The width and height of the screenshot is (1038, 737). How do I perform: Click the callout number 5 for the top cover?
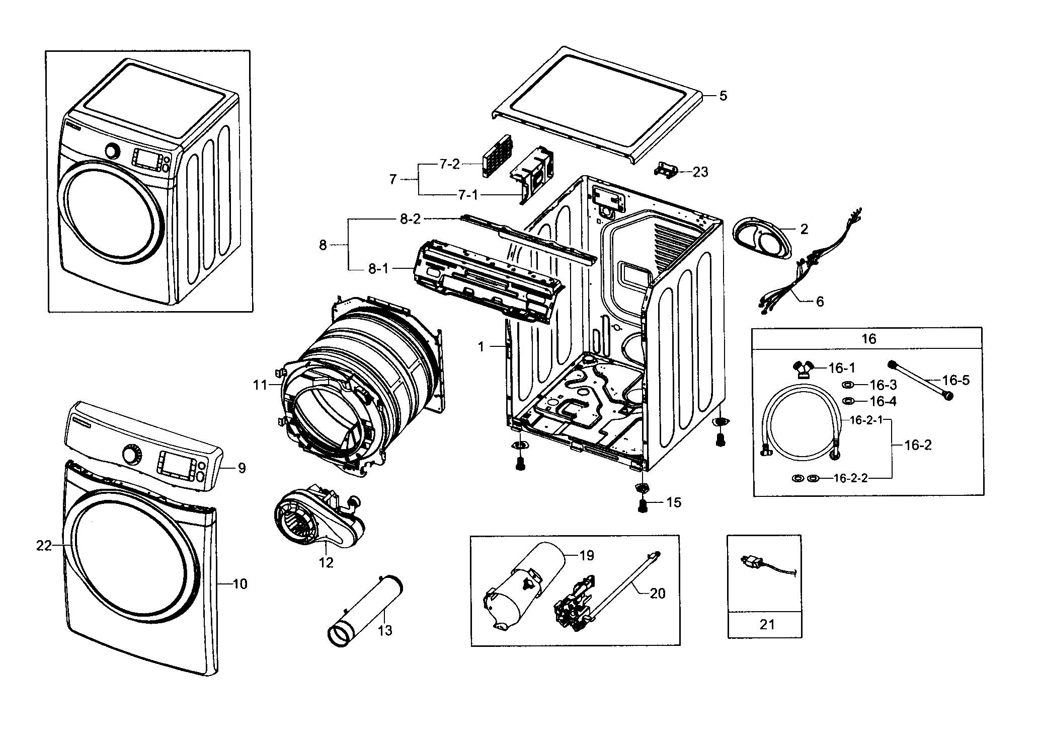coord(723,96)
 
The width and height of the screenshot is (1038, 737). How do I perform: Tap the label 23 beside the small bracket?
coord(700,172)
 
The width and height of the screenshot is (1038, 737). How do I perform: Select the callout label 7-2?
coord(449,164)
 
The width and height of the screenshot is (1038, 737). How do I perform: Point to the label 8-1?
coord(378,269)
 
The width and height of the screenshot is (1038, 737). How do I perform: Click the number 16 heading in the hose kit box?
coord(868,339)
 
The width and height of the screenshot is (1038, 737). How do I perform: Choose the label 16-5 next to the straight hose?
coord(955,380)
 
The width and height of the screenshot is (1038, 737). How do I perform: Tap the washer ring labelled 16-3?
coord(847,385)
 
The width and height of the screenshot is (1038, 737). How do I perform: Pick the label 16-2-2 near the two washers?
coord(850,478)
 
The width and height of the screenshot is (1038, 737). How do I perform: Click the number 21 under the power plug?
coord(767,625)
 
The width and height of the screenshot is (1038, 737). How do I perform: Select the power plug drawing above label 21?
coord(754,561)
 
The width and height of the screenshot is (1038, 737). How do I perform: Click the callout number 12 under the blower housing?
coord(326,562)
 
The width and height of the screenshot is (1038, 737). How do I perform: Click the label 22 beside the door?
coord(44,545)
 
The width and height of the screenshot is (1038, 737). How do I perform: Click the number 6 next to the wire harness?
coord(820,302)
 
